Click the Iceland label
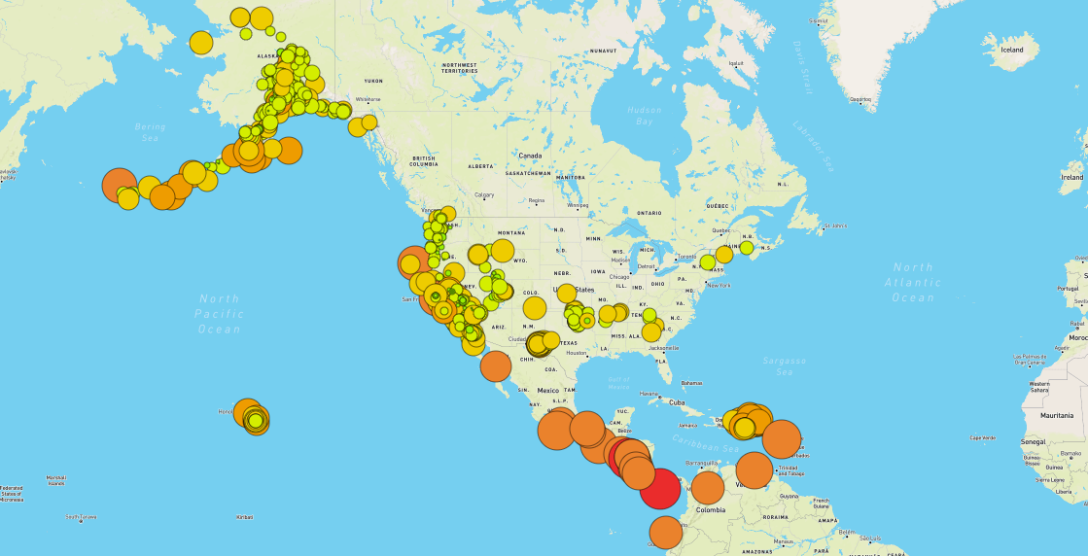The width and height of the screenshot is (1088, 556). pyautogui.click(x=1012, y=50)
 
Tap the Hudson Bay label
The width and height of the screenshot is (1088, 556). pyautogui.click(x=644, y=117)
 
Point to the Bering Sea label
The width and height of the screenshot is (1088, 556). pyautogui.click(x=151, y=132)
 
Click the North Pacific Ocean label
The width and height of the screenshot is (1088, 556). pyautogui.click(x=219, y=313)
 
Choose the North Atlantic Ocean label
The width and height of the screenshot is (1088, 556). pyautogui.click(x=913, y=282)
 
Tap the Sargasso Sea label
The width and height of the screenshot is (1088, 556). pyautogui.click(x=785, y=366)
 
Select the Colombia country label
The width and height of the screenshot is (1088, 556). pyautogui.click(x=711, y=509)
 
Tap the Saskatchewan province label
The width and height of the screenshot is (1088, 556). pyautogui.click(x=529, y=173)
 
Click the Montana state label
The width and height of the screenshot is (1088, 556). pyautogui.click(x=510, y=233)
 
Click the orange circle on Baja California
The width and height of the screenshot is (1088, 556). pyautogui.click(x=496, y=365)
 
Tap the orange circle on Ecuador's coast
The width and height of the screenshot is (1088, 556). pyautogui.click(x=665, y=533)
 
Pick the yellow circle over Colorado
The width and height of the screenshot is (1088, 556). pyautogui.click(x=535, y=308)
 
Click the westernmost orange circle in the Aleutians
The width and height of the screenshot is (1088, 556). pyautogui.click(x=119, y=184)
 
